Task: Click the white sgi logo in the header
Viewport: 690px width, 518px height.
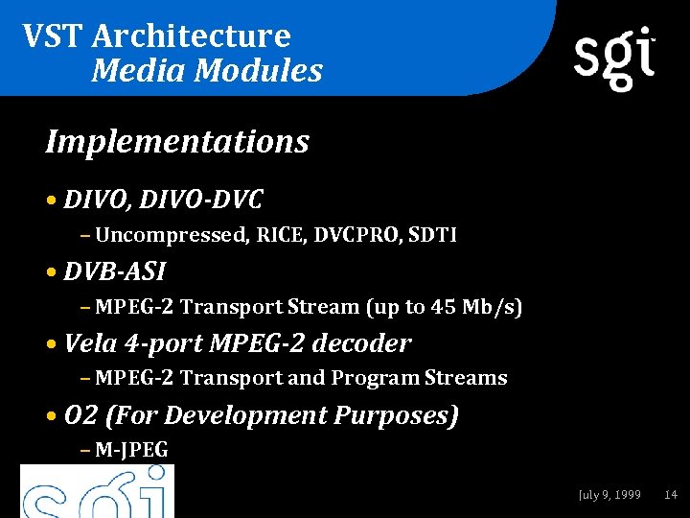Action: (x=614, y=59)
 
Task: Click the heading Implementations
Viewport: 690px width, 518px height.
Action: (x=177, y=142)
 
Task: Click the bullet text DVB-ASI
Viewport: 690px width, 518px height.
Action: (x=114, y=271)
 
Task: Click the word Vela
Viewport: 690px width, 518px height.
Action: (x=89, y=343)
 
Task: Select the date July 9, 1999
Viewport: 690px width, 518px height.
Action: (x=609, y=495)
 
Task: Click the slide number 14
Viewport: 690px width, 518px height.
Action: (x=671, y=495)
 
